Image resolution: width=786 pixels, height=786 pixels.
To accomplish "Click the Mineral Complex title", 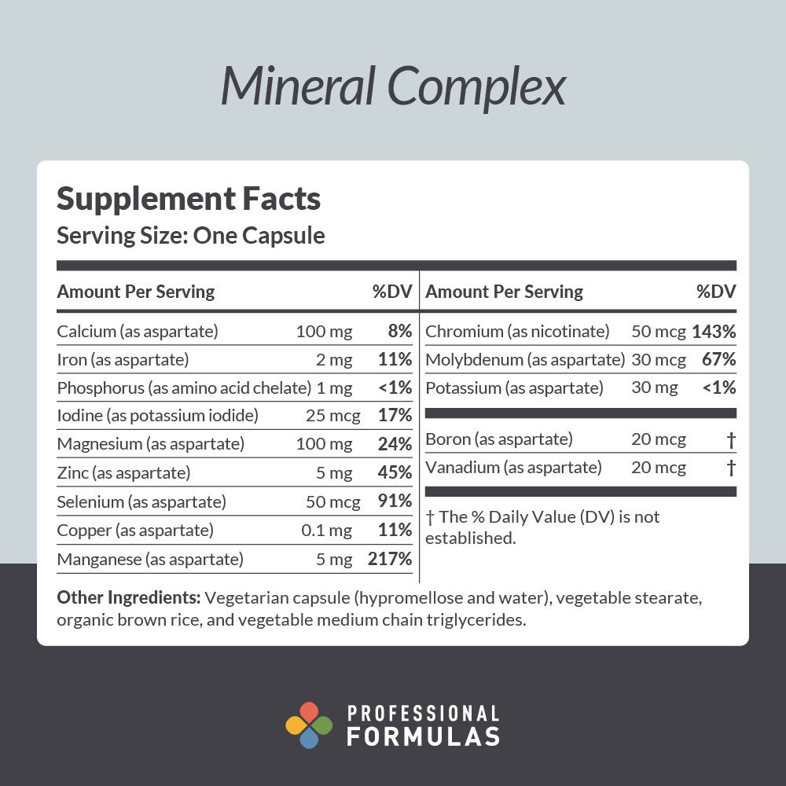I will (x=393, y=86).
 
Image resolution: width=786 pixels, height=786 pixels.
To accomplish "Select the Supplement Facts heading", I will (x=189, y=199).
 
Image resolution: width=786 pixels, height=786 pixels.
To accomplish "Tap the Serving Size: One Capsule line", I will (x=190, y=235).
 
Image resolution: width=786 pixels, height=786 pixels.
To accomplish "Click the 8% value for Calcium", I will (x=400, y=331).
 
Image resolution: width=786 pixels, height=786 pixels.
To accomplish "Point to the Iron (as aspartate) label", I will (x=123, y=359).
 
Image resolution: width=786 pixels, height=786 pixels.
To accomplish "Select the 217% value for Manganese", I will (x=390, y=559).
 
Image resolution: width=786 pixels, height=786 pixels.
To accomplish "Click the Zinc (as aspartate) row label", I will (x=123, y=472).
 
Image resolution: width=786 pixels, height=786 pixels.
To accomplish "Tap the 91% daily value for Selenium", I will (x=395, y=501).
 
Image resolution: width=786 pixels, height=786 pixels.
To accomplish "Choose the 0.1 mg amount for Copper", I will (x=326, y=530).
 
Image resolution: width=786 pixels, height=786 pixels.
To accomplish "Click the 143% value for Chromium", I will (x=714, y=331).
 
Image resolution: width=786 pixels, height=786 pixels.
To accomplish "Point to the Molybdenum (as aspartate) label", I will (x=525, y=359).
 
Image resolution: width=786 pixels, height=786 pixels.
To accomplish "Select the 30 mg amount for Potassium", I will (x=654, y=387).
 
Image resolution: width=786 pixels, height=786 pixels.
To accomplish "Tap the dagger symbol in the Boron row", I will (x=731, y=439).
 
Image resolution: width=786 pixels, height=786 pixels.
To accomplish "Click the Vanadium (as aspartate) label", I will (x=513, y=468).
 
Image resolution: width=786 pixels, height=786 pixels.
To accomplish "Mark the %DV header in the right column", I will (x=716, y=292).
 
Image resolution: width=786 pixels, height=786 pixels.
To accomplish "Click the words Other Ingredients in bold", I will (x=129, y=597).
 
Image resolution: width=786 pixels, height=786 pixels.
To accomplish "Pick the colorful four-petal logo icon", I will (x=309, y=725).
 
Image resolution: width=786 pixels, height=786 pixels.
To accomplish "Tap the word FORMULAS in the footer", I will (x=423, y=736).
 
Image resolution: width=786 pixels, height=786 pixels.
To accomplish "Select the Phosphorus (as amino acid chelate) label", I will (x=184, y=387).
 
